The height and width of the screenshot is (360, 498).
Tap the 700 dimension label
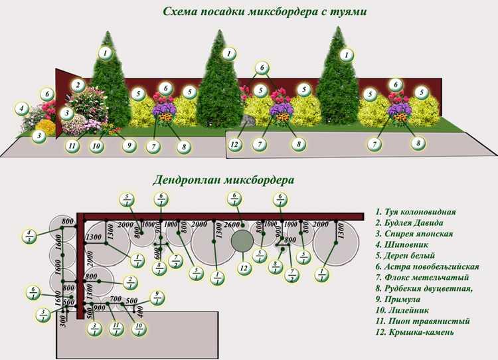point(115,300)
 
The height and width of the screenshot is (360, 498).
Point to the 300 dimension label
point(62,323)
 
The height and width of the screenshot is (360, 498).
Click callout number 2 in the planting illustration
point(78,85)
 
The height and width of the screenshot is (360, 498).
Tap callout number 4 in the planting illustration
point(22,108)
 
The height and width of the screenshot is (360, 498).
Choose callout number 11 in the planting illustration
point(73,145)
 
